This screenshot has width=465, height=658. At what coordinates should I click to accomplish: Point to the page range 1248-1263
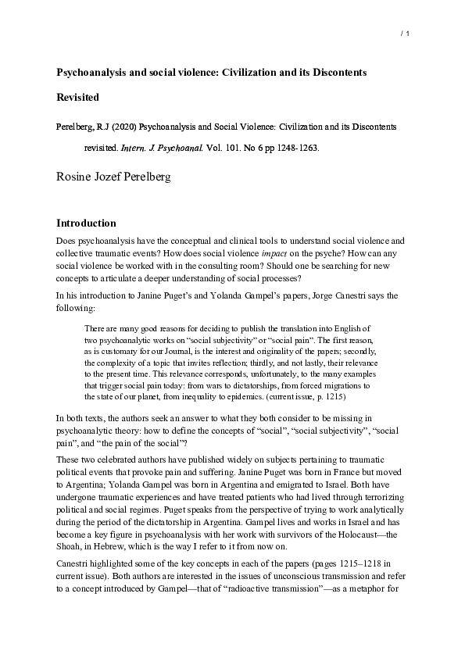tap(295, 146)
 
